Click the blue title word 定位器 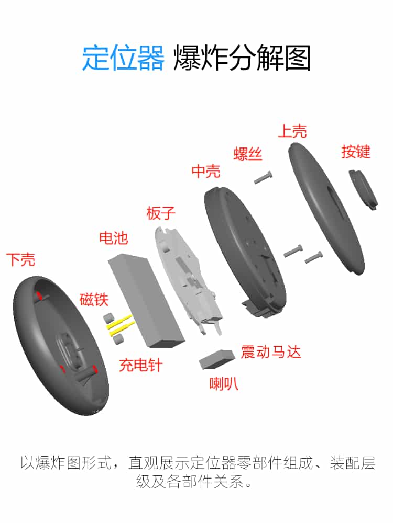[x=123, y=58]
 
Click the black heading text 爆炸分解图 [x=242, y=58]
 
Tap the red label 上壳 [x=292, y=131]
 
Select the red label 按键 [x=356, y=152]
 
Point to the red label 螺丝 [x=247, y=154]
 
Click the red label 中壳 [x=206, y=171]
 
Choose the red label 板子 [x=161, y=213]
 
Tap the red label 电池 [x=113, y=238]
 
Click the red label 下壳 [x=20, y=259]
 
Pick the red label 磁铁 [x=94, y=300]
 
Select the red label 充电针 [x=140, y=365]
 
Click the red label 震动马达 [x=271, y=351]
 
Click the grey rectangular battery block [x=147, y=301]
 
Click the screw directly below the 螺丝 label [x=264, y=178]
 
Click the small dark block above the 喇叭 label [x=216, y=358]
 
